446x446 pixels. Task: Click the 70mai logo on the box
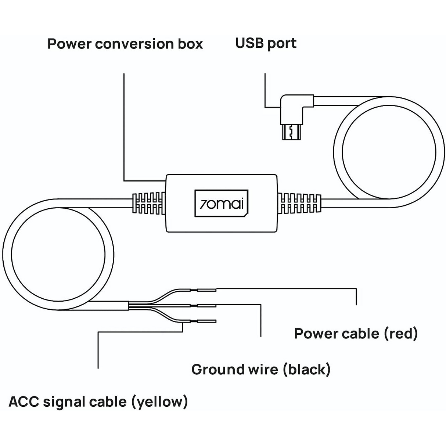tap(221, 203)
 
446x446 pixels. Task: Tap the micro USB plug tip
tap(291, 133)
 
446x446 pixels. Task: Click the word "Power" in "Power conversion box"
tap(69, 44)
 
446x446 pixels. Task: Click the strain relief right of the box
tap(299, 203)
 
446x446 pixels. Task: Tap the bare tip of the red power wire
tap(206, 290)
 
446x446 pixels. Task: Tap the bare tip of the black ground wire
tap(206, 305)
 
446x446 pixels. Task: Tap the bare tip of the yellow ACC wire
tap(206, 321)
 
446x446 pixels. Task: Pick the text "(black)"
tap(307, 369)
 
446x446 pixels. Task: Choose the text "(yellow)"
tap(159, 402)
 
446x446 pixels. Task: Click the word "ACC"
tap(24, 401)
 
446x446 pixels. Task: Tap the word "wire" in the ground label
tap(262, 369)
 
